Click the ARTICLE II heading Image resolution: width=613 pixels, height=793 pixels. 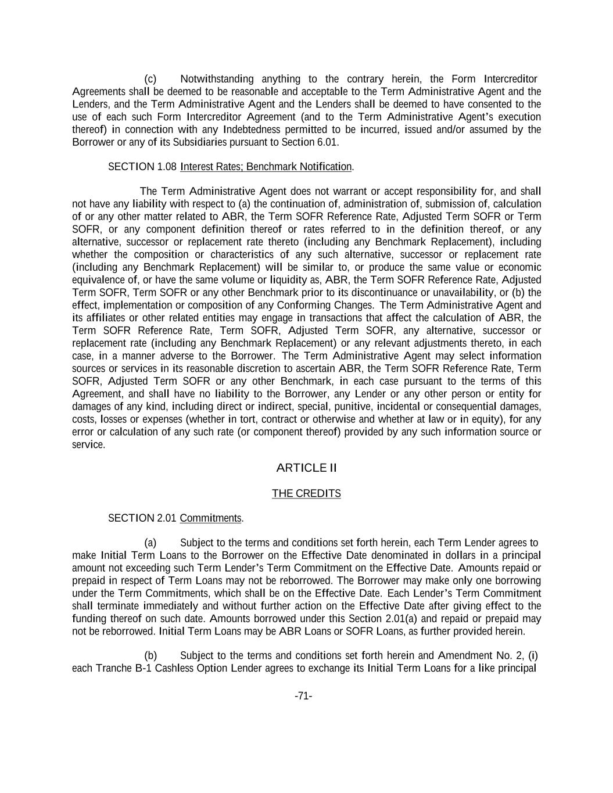(306, 468)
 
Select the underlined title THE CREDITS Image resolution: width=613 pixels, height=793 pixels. (306, 493)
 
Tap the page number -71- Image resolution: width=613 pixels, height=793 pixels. (303, 696)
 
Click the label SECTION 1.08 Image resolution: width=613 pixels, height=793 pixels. (142, 167)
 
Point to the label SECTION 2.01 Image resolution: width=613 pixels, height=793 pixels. (142, 518)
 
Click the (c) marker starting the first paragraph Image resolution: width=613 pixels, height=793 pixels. (150, 79)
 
